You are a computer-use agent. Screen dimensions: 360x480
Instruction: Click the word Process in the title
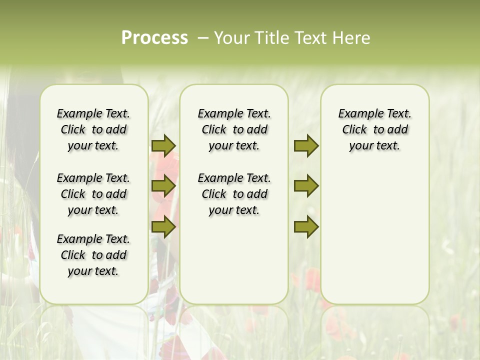154,38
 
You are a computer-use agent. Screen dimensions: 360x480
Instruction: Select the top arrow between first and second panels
163,145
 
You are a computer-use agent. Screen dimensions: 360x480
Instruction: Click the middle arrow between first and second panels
163,186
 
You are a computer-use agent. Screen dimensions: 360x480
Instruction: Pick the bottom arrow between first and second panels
163,226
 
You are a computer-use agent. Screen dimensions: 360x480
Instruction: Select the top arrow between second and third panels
306,145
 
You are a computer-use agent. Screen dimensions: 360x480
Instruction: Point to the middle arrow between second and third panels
306,186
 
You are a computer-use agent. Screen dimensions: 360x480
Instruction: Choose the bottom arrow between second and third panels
306,226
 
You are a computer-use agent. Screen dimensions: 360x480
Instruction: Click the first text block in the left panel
93,129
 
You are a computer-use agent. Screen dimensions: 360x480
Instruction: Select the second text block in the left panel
93,194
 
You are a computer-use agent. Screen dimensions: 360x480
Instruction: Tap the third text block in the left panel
93,255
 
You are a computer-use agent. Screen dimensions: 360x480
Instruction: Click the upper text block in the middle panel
234,129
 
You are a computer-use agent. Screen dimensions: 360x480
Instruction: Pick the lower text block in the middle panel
234,194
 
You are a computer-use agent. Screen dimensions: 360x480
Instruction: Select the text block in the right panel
374,129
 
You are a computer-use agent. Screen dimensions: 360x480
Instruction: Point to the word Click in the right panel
354,130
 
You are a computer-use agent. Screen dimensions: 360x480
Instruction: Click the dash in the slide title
203,38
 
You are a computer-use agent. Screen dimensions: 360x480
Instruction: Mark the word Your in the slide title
230,38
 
